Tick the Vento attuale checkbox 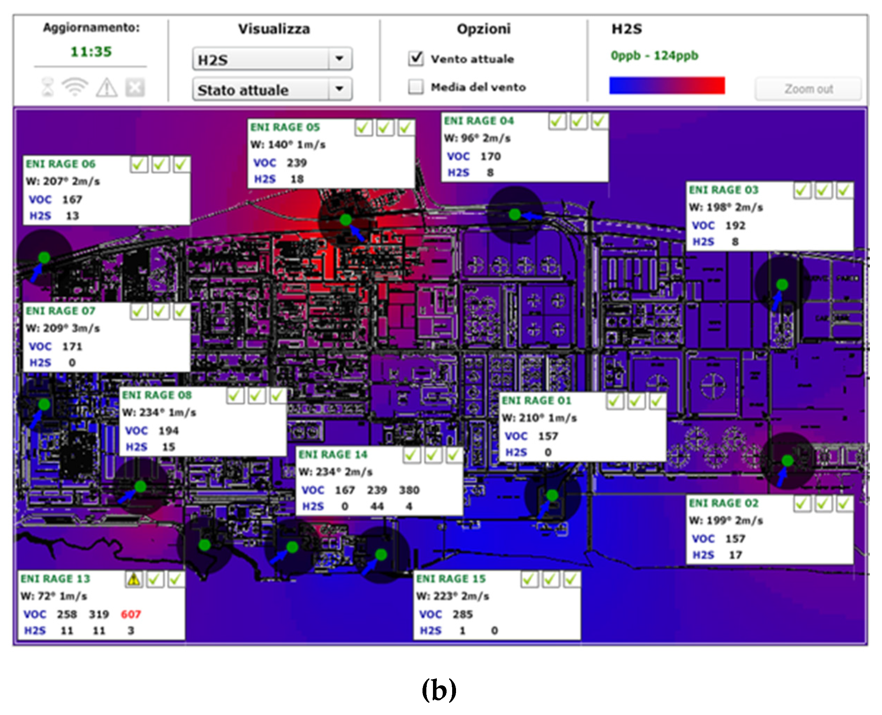point(416,59)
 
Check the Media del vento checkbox point(416,87)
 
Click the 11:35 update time point(91,52)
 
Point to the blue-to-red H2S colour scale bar point(667,85)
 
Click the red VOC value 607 point(130,614)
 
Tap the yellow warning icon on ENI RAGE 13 point(134,579)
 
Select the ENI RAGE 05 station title point(285,127)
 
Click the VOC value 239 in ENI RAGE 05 point(297,163)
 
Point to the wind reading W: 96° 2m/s point(477,138)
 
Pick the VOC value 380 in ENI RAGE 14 point(409,490)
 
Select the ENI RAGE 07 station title point(61,311)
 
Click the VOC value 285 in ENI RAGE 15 point(462,614)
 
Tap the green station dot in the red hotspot point(345,220)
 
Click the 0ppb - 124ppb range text point(655,55)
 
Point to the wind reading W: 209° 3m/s point(63,328)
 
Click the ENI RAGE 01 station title point(536,400)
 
